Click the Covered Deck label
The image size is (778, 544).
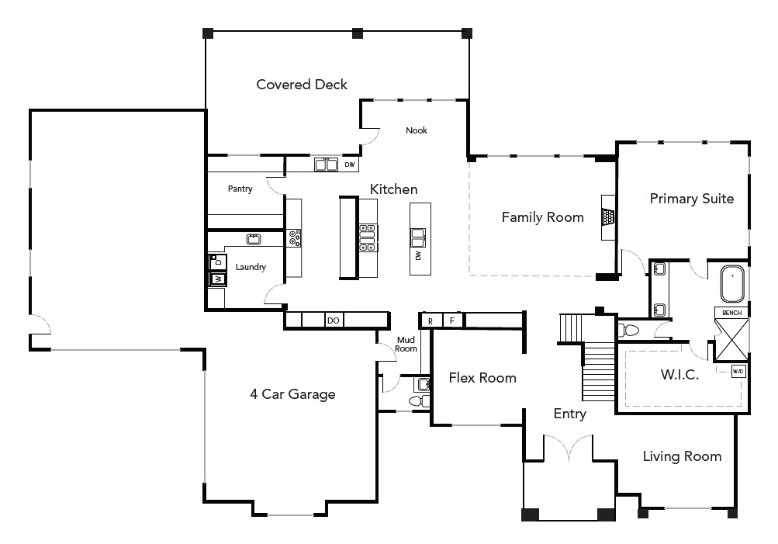pos(302,85)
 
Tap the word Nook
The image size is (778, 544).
pos(417,130)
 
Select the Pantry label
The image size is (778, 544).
pos(240,189)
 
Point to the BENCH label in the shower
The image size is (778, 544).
pos(731,313)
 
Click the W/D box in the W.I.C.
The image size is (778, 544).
pos(738,372)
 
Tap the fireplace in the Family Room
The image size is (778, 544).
pos(609,217)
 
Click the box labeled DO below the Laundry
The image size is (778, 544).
pos(333,320)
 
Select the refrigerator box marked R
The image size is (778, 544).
pos(430,320)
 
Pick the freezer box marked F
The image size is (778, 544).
pos(452,320)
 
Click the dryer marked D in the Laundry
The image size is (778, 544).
pos(218,262)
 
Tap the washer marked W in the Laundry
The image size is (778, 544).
pos(218,279)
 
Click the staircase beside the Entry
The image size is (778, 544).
pos(598,371)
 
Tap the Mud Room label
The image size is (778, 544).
pos(406,344)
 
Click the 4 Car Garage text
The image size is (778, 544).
pos(292,394)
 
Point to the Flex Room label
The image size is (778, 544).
pos(482,378)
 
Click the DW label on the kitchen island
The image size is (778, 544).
pos(418,255)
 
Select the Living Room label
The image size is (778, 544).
pos(682,456)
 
